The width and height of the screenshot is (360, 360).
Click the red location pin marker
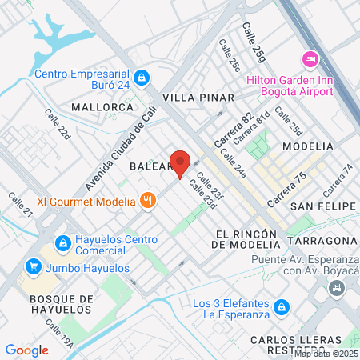coord(180,162)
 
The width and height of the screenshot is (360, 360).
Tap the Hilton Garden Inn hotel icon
coord(309,60)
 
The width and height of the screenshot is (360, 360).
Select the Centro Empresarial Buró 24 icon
coord(142,78)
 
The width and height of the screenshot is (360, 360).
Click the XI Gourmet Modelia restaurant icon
coord(147,201)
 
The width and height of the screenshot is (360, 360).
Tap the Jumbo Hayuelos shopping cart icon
coord(33,265)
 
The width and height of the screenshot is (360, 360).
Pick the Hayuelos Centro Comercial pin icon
coord(61,242)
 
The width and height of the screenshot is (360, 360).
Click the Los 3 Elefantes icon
coord(281,307)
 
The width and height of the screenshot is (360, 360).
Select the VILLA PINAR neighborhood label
coord(198,98)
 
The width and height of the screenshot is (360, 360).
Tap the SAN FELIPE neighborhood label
coord(322,206)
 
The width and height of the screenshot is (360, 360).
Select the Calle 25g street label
coord(254,43)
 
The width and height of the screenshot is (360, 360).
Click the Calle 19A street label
coord(59,335)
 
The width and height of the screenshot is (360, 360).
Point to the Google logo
coord(26,350)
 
